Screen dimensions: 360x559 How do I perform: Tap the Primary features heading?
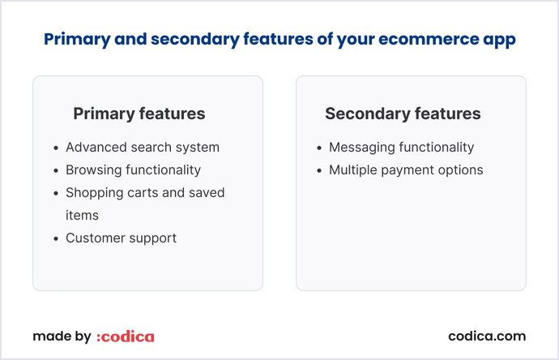point(139,114)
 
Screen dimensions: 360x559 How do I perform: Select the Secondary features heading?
point(403,114)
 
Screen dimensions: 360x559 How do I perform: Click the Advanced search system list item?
point(143,148)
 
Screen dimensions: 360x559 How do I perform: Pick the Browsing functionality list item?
point(133,170)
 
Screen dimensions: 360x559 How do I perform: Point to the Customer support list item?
point(121,238)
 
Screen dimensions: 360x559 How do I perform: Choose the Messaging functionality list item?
point(401,148)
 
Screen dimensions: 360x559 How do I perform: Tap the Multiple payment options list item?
point(406,170)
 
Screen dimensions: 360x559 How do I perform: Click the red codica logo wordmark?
point(125,336)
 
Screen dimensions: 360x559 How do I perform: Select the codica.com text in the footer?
point(487,336)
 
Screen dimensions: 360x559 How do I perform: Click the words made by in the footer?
point(62,336)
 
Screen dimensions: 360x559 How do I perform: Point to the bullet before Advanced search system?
point(55,148)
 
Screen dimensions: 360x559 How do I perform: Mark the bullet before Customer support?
point(55,238)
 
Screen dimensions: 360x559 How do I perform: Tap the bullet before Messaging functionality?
point(318,148)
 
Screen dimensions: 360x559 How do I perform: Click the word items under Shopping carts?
point(81,215)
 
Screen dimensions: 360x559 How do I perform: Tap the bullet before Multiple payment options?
point(318,171)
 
